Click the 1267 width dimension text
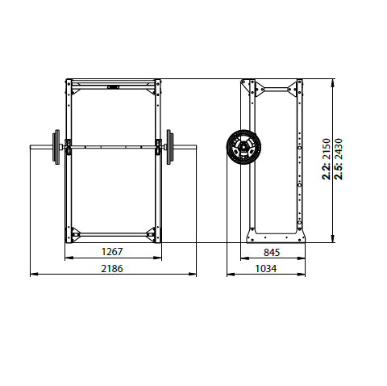click(x=112, y=251)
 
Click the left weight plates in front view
click(x=56, y=146)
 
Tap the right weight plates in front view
click(x=169, y=146)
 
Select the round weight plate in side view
click(x=241, y=147)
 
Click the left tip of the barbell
click(x=31, y=146)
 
